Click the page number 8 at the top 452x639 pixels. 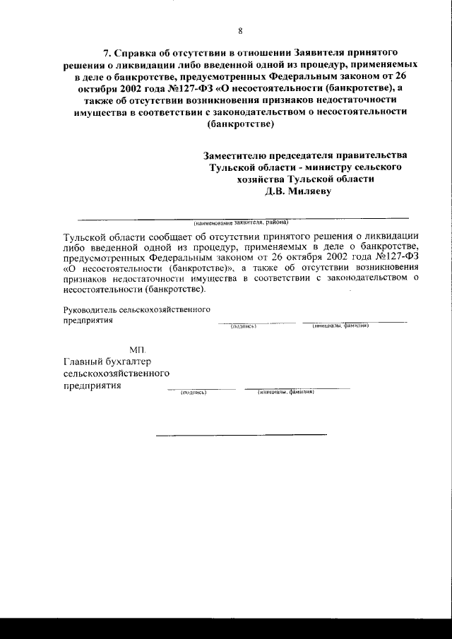(240, 30)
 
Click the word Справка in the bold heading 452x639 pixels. (138, 53)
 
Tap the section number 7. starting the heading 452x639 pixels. (108, 53)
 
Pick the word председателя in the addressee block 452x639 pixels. (317, 155)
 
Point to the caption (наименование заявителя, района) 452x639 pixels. (242, 222)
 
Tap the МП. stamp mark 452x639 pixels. (138, 350)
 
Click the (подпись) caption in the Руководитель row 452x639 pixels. (243, 326)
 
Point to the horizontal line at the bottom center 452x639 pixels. (241, 434)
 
